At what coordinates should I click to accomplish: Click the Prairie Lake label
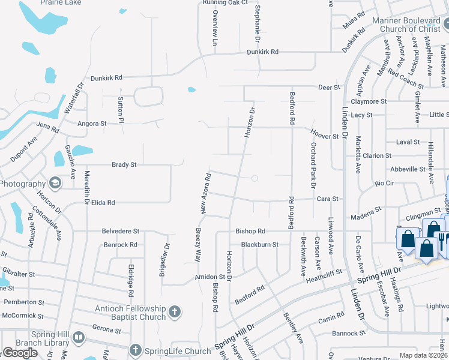click(61, 2)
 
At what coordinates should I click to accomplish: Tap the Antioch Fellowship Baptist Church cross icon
click(174, 311)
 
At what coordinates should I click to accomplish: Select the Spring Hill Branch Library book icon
click(79, 338)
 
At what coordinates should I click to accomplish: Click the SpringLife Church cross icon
click(136, 350)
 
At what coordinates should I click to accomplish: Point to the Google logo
click(20, 353)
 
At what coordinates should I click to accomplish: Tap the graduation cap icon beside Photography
click(55, 183)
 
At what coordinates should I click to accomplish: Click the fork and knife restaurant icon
click(441, 238)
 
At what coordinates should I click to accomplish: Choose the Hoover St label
click(325, 136)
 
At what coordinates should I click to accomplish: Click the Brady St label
click(124, 164)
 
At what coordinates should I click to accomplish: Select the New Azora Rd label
click(206, 193)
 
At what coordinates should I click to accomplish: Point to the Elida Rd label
click(103, 203)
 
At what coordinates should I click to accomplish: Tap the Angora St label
click(92, 124)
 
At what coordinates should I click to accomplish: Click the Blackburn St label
click(260, 245)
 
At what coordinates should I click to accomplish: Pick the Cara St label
click(328, 199)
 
